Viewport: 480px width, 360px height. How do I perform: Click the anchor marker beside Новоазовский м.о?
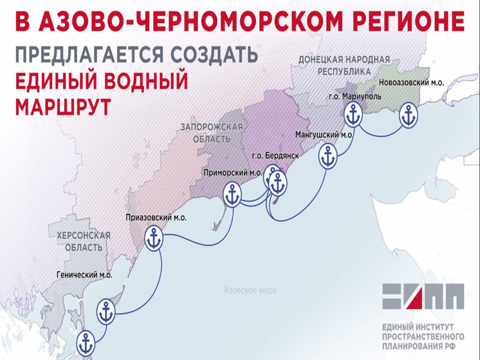coord(408,116)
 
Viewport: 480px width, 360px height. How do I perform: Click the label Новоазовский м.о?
coord(412,83)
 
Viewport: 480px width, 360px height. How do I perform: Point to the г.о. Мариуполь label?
coord(355,97)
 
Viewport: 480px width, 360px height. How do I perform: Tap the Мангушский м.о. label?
coord(324,135)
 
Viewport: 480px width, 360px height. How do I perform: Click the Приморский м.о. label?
coord(232,173)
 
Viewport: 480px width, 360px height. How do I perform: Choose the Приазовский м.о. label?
coord(156,218)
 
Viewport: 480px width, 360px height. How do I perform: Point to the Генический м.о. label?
coord(84,275)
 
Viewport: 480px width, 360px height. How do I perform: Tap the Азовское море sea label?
coord(250,290)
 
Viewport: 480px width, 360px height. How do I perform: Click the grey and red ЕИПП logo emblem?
coord(422,296)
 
